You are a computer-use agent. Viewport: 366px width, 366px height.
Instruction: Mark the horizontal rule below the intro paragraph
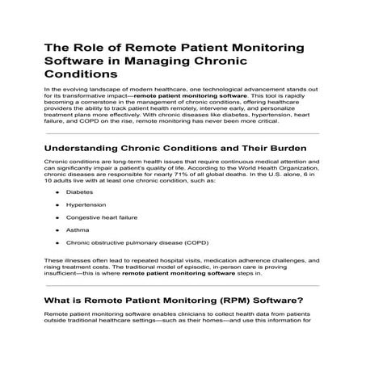[x=183, y=133]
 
